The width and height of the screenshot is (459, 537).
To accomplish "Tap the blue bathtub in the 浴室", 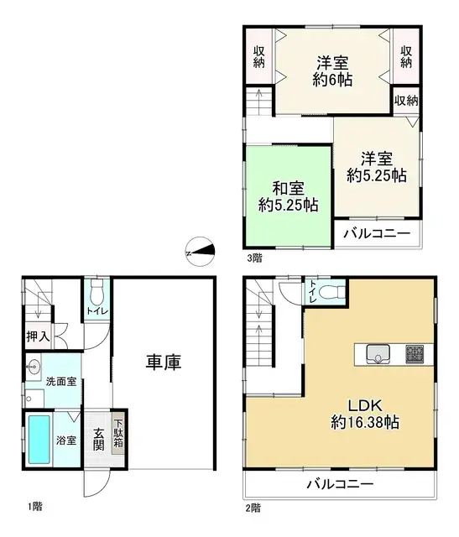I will [39, 440].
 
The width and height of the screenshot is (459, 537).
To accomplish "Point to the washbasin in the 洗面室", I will [33, 366].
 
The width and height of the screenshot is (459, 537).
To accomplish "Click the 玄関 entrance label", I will [98, 440].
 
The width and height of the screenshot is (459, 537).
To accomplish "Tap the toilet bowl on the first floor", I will [96, 295].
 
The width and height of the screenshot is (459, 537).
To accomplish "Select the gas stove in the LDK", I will [415, 353].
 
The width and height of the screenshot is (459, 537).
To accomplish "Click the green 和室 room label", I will [287, 188].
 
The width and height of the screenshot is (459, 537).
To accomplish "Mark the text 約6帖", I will [333, 81].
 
